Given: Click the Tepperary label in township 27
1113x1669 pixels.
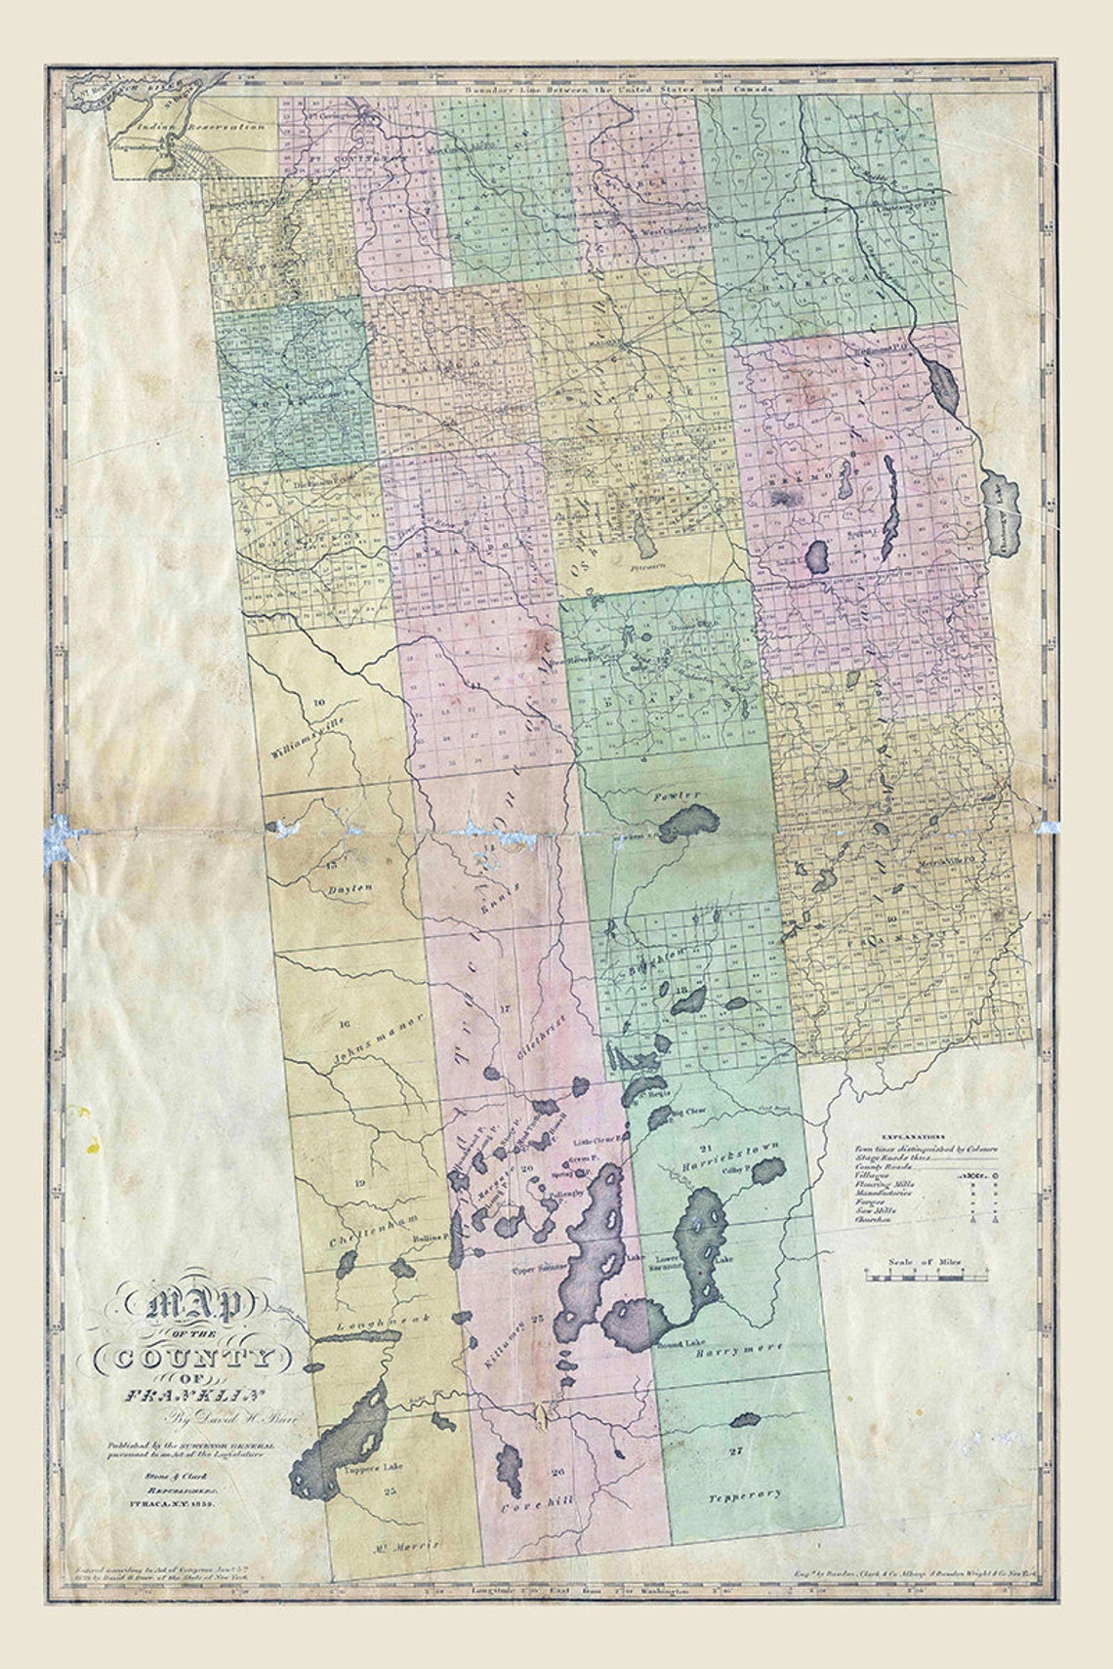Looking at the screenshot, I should coord(746,1494).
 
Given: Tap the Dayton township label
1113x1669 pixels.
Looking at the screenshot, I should coord(350,890).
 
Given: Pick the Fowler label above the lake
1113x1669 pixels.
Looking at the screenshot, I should coord(678,796).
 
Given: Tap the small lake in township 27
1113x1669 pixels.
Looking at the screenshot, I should coord(744,1420).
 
